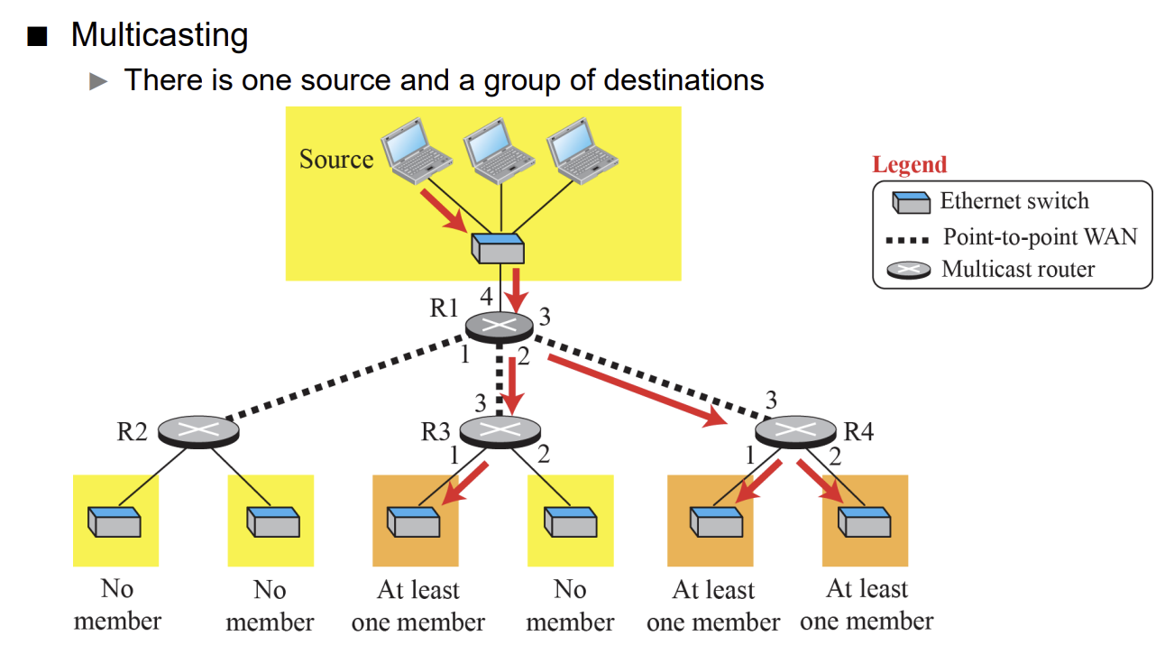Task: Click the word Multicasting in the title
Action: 159,36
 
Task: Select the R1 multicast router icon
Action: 500,327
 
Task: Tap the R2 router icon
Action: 198,431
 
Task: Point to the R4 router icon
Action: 795,431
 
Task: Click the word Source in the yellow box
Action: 336,159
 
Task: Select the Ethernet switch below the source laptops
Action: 498,249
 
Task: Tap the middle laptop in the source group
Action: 499,151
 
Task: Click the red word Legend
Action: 910,165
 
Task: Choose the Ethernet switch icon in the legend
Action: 912,202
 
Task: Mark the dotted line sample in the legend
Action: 907,240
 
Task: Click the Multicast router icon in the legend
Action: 909,270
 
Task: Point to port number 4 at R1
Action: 486,297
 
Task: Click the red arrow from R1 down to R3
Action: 513,386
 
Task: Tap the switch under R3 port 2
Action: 571,521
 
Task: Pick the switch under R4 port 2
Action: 865,521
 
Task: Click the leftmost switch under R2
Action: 115,521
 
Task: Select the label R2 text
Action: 133,432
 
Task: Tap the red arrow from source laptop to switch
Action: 445,211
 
